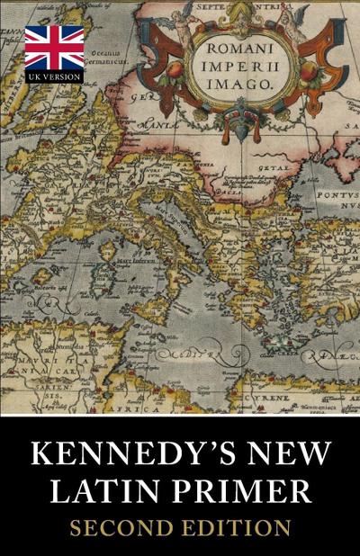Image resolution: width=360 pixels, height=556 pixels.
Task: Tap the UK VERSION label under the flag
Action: [x=54, y=76]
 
